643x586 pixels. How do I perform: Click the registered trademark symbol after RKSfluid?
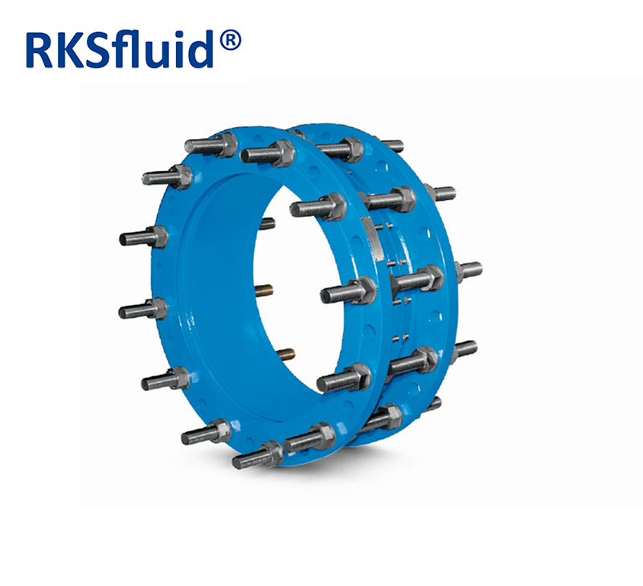[231, 39]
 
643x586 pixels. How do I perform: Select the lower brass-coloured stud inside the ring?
[285, 353]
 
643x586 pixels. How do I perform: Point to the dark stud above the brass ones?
[267, 224]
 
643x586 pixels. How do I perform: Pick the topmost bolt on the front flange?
[211, 145]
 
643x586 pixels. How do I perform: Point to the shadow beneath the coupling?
[321, 470]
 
